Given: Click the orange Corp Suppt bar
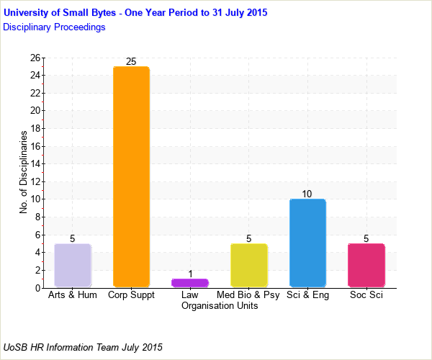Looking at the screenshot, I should tap(131, 177).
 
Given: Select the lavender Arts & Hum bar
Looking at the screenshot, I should tap(73, 266).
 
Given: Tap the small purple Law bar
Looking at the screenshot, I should tap(190, 283).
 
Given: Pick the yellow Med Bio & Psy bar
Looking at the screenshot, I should tap(248, 266).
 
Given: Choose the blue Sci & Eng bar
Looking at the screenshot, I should tap(307, 243).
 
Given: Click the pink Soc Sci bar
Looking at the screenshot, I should tap(366, 266).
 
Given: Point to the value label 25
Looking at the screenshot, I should tap(131, 62).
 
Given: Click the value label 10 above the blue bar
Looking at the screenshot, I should tap(307, 194).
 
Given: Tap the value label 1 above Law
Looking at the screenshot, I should tap(190, 274).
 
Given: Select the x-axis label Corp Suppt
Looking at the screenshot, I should tap(131, 295).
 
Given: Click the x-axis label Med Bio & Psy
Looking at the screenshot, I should tap(248, 295).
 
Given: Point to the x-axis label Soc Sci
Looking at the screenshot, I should tap(366, 295).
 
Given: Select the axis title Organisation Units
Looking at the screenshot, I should tap(220, 306).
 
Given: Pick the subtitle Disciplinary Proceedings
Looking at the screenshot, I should tap(54, 27).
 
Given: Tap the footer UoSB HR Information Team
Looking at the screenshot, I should tap(83, 347).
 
